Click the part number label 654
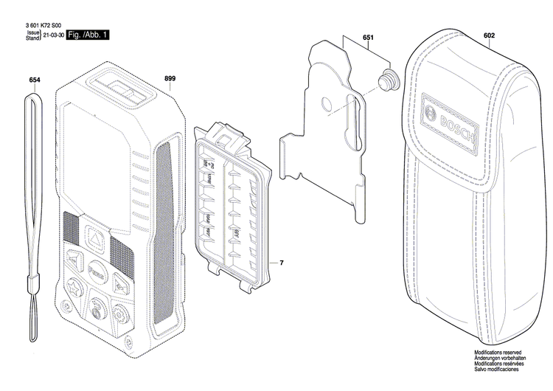point(35,79)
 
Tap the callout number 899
point(170,78)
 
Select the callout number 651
point(368,38)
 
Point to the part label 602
point(489,35)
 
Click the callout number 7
point(281,263)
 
